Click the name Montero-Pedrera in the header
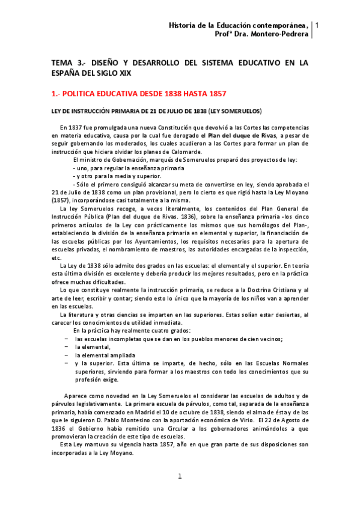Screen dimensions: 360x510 click(280, 34)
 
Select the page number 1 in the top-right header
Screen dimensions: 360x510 click(317, 25)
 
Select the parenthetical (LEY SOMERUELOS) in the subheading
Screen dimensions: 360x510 click(235, 111)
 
